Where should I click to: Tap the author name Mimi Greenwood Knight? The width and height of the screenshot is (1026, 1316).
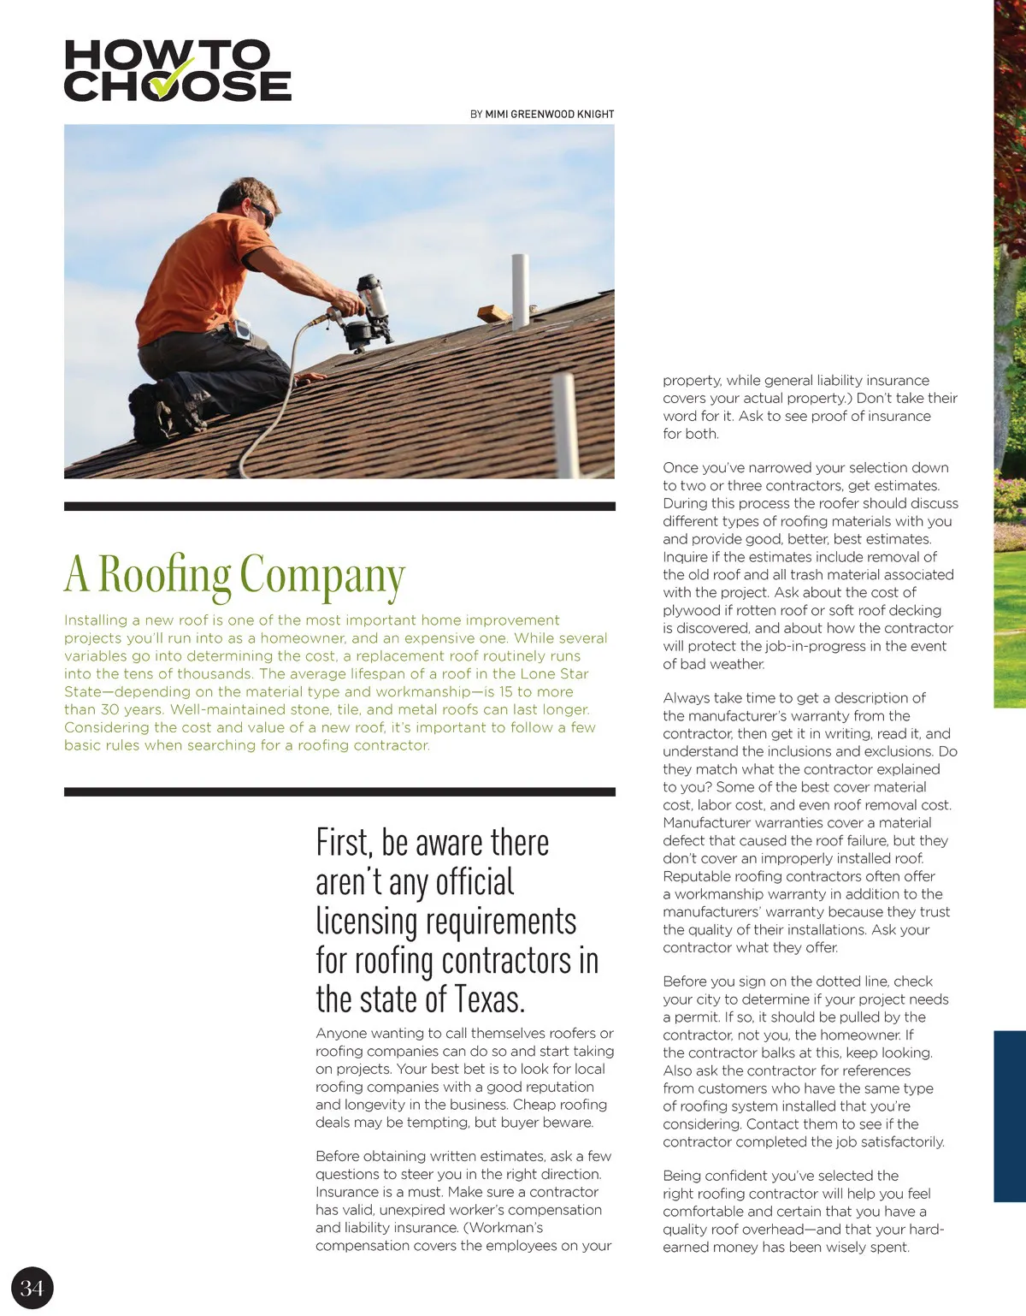click(550, 114)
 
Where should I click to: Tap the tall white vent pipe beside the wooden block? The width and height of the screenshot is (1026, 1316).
click(520, 290)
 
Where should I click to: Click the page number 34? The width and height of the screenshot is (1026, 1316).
click(32, 1288)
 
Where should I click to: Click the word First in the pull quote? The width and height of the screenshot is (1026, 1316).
click(344, 843)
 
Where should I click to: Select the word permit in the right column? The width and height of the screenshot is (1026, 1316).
click(696, 1017)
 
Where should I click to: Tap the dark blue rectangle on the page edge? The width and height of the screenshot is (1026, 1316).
click(1010, 1116)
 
